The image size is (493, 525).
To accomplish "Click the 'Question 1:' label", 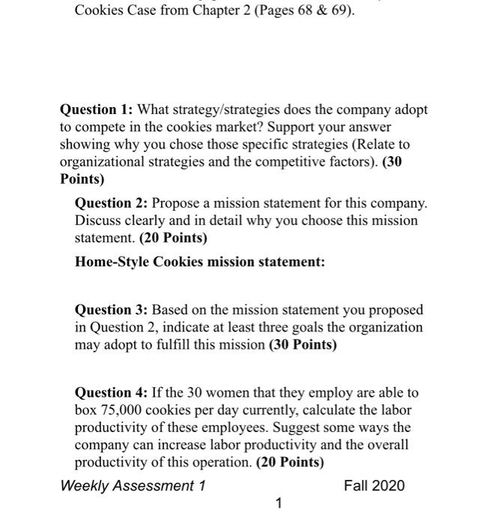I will click(97, 109).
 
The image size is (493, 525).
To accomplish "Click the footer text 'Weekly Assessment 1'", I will click(133, 485).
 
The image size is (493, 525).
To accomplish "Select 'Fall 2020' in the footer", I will click(374, 485).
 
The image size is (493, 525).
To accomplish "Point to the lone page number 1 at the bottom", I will click(279, 504).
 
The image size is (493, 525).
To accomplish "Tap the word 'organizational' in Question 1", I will click(100, 161).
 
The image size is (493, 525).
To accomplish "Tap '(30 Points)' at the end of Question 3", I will click(303, 345).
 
